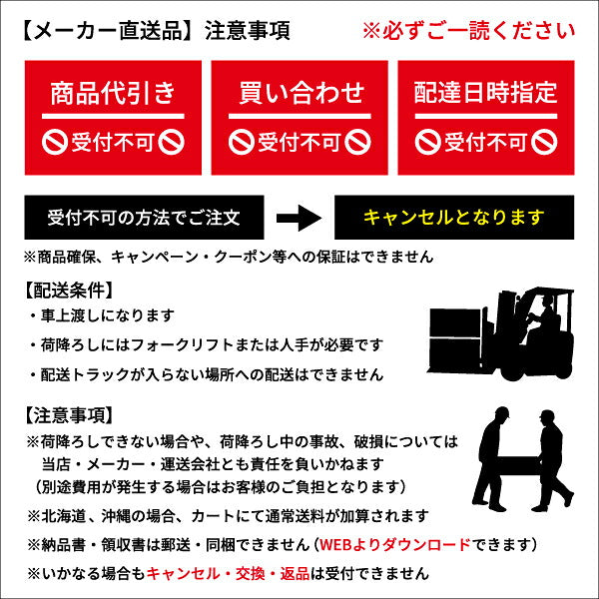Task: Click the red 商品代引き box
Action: coord(113,116)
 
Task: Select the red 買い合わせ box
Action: coord(299,116)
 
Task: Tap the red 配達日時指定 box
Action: coord(485,116)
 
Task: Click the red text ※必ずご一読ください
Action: coord(468,31)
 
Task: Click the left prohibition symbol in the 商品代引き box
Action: coord(55,142)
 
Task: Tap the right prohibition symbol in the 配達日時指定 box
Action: coord(544,142)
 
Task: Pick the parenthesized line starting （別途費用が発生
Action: coord(215,486)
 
